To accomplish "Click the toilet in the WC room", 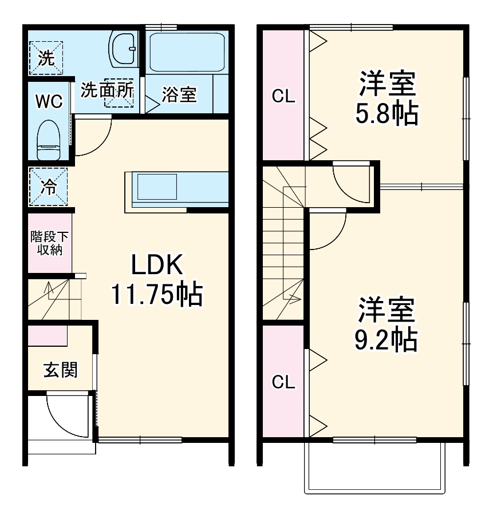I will pos(49,140).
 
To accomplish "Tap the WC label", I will pos(49,101).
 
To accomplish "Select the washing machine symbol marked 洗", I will pos(48,57).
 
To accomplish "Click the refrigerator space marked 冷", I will pos(49,187).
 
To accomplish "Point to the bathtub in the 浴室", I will pos(185,52).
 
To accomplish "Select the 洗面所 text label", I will pos(107,90).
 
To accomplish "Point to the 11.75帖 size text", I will pos(156,295).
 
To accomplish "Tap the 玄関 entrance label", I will pos(60,370).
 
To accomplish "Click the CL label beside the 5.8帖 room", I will pos(283,97).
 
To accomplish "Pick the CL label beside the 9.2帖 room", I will pos(283,382).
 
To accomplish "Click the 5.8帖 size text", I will pos(386,114).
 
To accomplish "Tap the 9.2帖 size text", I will pos(386,341).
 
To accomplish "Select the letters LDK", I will pos(156,265).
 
